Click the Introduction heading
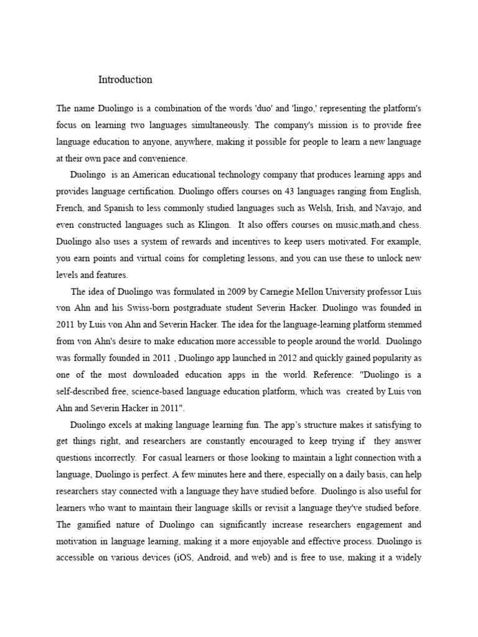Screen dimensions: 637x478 125,80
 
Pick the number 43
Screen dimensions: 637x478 275,192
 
